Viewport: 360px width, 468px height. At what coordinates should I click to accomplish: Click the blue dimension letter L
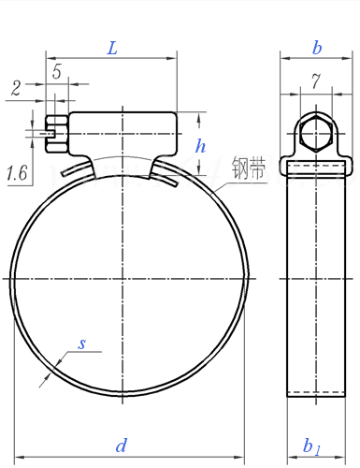point(112,49)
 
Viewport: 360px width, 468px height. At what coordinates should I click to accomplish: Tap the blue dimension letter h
point(200,146)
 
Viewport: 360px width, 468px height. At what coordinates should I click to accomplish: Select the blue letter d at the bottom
point(122,446)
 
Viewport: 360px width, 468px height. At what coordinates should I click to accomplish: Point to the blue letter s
point(81,344)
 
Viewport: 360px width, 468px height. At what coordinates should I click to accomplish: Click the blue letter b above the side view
point(317,48)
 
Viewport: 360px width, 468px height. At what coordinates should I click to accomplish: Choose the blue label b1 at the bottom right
point(311,446)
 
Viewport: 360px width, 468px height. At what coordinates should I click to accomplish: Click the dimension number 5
point(57,71)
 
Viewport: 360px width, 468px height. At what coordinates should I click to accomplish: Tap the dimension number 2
point(16,88)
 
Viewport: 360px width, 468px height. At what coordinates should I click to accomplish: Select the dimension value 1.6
point(17,173)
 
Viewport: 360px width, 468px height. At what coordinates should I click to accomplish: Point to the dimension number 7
point(316,81)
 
